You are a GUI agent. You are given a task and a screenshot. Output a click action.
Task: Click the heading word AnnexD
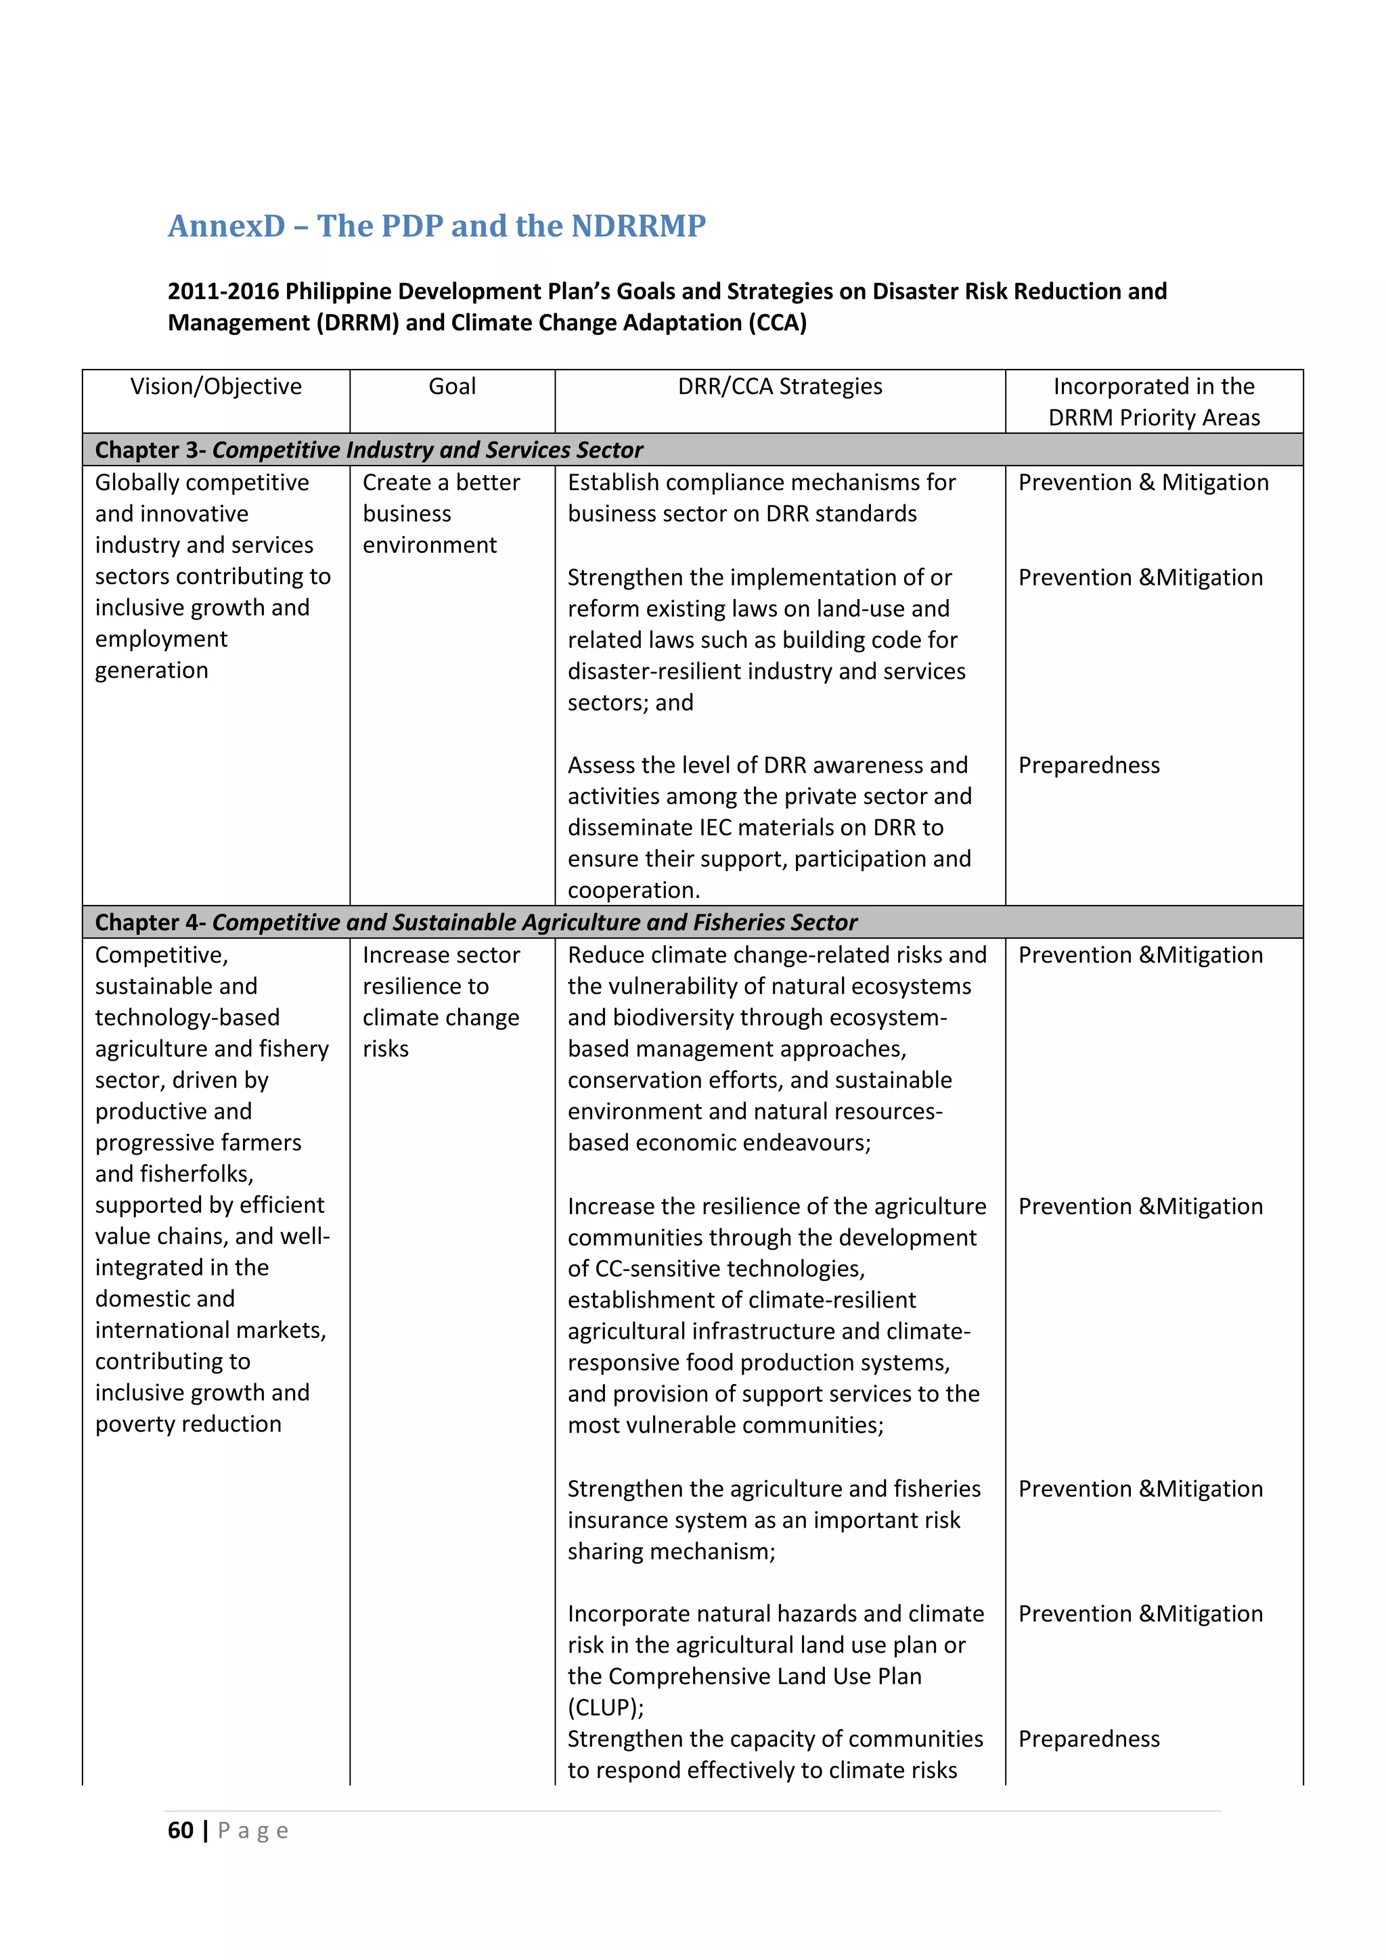(x=226, y=226)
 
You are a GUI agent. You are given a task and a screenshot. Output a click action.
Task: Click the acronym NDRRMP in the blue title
(x=638, y=226)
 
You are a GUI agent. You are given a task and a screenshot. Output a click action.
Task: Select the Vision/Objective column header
(x=216, y=386)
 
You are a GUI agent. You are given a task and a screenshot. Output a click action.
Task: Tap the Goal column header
(x=451, y=386)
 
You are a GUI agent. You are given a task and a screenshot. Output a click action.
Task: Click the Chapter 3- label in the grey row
(x=150, y=450)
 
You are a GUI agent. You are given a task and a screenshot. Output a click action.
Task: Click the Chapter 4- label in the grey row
(x=150, y=922)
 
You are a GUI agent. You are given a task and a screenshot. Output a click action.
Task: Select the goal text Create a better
(x=441, y=483)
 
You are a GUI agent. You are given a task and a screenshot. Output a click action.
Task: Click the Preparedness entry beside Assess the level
(x=1088, y=765)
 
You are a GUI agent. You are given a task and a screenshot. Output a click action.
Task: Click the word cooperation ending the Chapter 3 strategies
(x=632, y=891)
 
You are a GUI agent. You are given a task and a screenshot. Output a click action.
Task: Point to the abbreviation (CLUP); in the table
(x=605, y=1708)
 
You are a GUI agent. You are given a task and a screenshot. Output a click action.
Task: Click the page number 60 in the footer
(x=180, y=1830)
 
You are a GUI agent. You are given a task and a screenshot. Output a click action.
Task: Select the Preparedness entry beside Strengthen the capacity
(x=1088, y=1739)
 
